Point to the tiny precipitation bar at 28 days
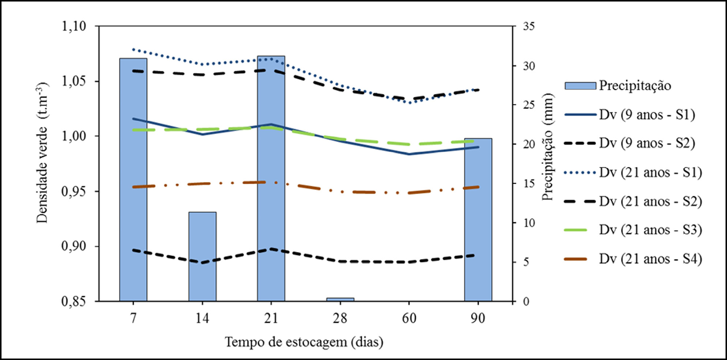340,299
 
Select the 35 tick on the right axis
529,26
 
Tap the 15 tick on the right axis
529,183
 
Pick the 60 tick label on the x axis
409,318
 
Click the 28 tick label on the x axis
340,318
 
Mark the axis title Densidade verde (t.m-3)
42,153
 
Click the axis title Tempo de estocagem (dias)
304,342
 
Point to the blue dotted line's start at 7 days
133,49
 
